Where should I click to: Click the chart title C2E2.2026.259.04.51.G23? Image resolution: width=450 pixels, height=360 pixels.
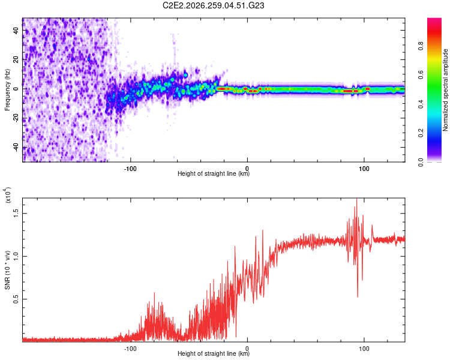[x=213, y=5]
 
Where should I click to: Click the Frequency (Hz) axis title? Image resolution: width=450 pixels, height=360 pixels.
[x=7, y=90]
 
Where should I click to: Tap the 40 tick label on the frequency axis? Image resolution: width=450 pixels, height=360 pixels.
[x=16, y=30]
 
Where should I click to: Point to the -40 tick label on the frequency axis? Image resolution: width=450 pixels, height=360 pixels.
[x=16, y=146]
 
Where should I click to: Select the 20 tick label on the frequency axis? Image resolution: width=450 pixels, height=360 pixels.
[x=16, y=59]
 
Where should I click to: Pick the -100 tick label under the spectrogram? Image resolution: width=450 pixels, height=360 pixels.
[x=130, y=169]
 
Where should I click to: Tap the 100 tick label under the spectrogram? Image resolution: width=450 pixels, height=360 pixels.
[x=364, y=169]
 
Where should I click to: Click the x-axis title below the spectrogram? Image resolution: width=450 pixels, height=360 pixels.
[x=214, y=173]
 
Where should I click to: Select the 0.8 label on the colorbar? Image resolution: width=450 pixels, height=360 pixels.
[x=421, y=46]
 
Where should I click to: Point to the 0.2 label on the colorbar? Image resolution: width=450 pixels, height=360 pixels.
[x=421, y=133]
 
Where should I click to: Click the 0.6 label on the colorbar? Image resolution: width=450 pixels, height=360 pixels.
[x=421, y=75]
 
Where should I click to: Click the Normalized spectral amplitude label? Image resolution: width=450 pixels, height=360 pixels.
[x=445, y=90]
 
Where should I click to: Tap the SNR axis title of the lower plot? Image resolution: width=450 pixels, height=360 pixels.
[x=7, y=270]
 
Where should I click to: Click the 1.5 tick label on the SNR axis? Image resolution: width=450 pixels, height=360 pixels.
[x=16, y=214]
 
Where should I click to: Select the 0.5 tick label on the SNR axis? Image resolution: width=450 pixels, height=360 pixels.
[x=16, y=299]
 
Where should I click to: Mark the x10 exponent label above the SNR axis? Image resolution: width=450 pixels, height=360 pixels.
[x=7, y=195]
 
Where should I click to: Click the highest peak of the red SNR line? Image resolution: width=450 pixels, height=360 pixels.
[x=357, y=199]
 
